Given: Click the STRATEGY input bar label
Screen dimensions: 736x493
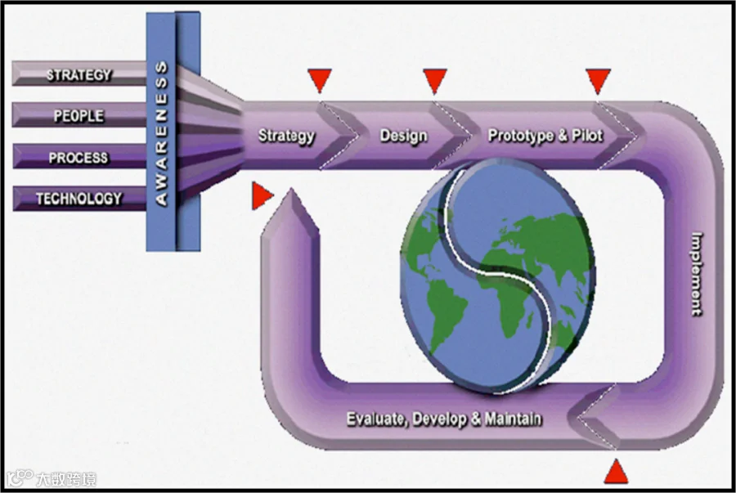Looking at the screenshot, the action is (79, 75).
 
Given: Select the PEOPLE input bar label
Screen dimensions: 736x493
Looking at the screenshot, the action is (79, 116).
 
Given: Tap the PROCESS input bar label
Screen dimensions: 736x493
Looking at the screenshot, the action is (79, 158).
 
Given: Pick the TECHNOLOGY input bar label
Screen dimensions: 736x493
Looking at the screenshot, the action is (79, 199).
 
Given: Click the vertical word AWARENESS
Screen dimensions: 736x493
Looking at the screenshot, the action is (161, 134).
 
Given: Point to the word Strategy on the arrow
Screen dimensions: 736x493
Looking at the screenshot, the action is (286, 136).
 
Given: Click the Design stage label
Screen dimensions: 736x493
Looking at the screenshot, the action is (404, 136).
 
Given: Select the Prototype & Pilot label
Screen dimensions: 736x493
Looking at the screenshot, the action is (545, 136).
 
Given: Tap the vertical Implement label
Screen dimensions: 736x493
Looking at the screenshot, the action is (698, 275).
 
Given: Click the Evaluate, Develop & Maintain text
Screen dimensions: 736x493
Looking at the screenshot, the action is (444, 419).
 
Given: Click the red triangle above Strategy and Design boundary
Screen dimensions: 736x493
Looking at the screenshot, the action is (320, 80).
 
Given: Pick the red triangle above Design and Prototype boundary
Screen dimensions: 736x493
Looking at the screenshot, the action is (435, 81).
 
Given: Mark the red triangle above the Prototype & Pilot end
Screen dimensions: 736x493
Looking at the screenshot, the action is (598, 81).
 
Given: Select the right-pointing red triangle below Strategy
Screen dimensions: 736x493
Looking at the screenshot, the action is (262, 195).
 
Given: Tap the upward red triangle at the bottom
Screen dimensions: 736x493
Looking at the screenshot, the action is (616, 472).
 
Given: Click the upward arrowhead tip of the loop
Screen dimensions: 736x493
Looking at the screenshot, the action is (291, 189).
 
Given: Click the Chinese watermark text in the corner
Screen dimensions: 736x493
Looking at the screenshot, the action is (66, 479).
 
